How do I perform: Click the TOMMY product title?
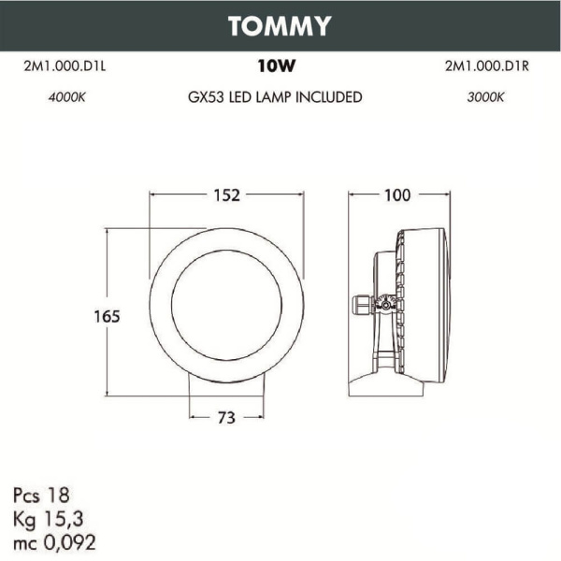[x=280, y=26]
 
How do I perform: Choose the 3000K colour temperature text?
[x=485, y=97]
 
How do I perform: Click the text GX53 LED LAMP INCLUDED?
[x=275, y=97]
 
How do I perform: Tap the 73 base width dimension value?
[x=226, y=418]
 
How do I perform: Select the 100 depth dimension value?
[x=397, y=195]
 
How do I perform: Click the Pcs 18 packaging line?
[x=42, y=493]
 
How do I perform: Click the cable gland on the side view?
[x=361, y=305]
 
